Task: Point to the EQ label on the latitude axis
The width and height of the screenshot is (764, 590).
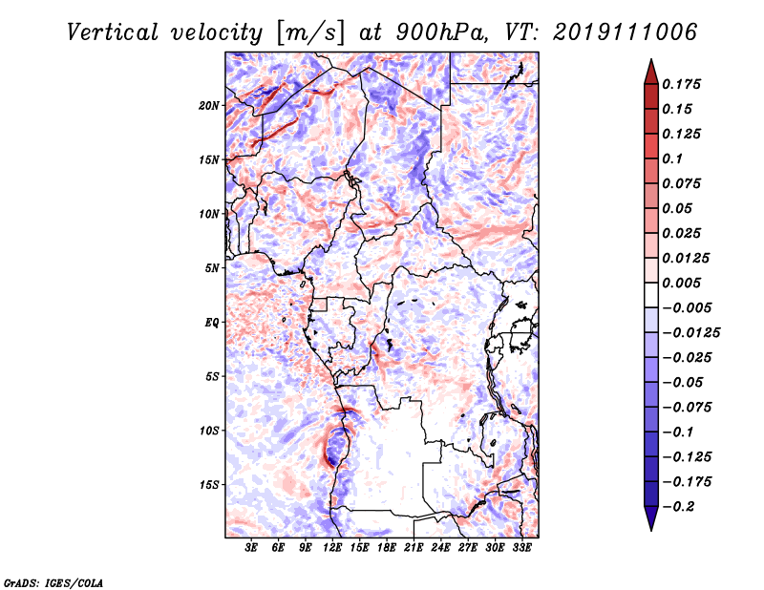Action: tap(211, 322)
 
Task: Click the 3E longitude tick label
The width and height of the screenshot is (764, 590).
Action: tap(252, 549)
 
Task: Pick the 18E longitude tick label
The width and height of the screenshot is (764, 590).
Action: tap(387, 549)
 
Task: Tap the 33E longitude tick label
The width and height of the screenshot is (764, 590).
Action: tap(521, 549)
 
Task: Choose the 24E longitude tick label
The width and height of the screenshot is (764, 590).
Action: tap(441, 549)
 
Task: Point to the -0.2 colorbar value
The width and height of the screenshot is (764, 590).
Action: tap(681, 506)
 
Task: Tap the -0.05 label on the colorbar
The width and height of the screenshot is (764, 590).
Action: tap(684, 382)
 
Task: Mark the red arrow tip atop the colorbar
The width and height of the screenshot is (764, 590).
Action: tap(650, 67)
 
